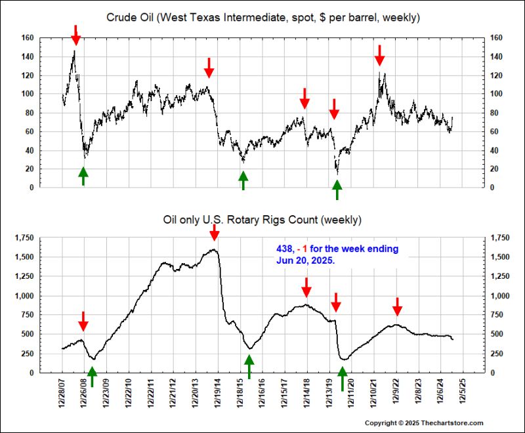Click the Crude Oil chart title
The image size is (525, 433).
262,16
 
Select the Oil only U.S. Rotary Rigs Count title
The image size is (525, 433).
262,219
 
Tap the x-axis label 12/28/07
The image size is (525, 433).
62,394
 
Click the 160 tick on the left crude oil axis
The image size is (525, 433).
27,37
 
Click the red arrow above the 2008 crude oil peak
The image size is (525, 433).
75,35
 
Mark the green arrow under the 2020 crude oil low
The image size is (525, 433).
337,189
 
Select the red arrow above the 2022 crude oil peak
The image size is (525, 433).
379,54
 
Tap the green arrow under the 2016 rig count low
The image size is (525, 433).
249,366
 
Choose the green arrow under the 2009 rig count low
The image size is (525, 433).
92,376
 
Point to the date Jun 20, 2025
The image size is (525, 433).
305,260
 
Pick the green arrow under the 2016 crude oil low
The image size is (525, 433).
243,180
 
